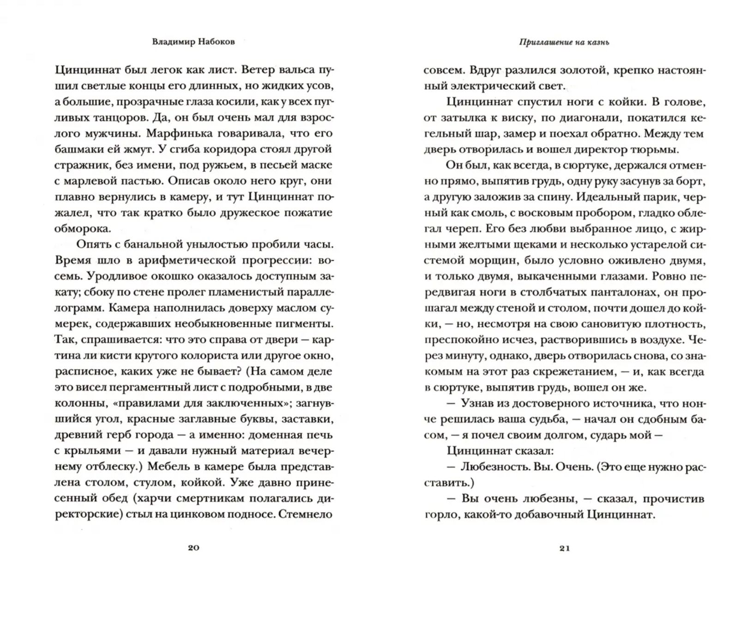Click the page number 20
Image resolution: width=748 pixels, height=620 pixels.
coord(193,548)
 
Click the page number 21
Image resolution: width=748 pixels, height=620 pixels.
coord(565,548)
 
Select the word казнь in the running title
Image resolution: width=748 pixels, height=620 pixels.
coord(598,42)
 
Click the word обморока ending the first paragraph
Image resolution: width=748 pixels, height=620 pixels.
coord(83,229)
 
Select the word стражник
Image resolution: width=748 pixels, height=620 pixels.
coord(78,165)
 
